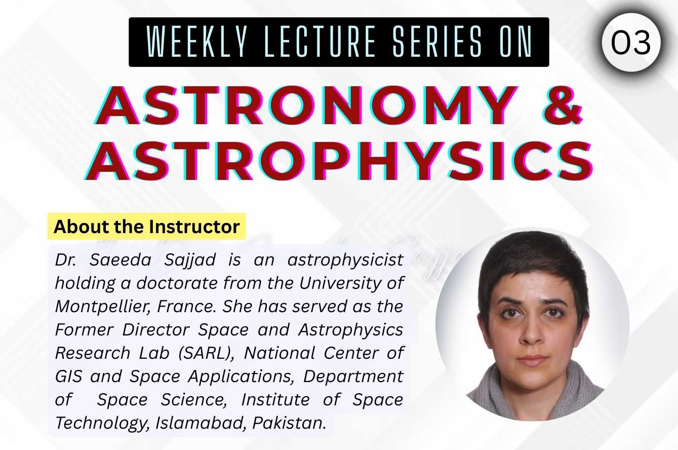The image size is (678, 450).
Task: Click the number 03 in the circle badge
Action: click(630, 43)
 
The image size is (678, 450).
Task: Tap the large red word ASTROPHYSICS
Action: click(339, 162)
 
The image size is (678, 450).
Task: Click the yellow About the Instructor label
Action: click(146, 227)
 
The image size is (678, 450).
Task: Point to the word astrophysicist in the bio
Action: click(345, 260)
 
